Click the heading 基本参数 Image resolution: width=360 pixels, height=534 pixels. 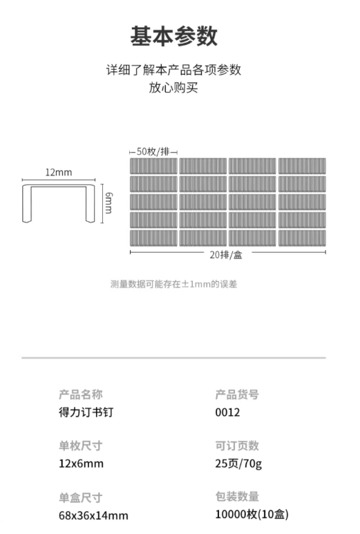coord(173,36)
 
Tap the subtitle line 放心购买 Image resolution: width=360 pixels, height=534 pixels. coord(173,88)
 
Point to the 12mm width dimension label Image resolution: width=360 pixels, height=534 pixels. coord(59,172)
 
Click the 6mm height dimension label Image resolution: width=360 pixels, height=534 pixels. coord(108,203)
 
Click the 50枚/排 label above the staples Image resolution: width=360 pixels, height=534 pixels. coord(153,151)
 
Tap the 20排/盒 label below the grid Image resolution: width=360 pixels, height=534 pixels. coord(226,255)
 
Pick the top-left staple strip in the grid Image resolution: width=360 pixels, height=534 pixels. coord(153,166)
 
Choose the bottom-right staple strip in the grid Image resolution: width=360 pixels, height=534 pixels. coord(302,238)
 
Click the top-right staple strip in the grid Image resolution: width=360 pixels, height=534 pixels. coord(302,166)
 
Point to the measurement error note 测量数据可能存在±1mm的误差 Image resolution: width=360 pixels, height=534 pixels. coord(173,284)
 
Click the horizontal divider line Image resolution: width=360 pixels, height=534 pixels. coord(173,358)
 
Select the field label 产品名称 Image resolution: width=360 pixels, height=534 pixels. coord(81,394)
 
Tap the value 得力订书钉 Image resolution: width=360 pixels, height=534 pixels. coord(86,412)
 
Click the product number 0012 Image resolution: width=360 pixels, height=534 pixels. coord(227,412)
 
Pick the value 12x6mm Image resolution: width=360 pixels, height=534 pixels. coord(81,464)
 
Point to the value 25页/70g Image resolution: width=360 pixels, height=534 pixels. coord(238,464)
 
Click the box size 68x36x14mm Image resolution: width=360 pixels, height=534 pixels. coord(93,515)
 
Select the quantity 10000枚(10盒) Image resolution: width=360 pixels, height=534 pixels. coord(252,514)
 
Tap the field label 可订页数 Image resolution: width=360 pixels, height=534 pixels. coord(237,446)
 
